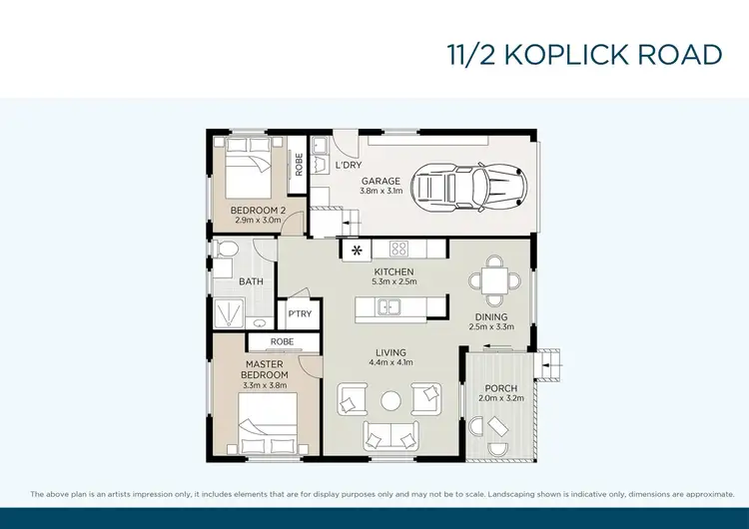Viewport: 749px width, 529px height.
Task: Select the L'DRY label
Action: tap(349, 164)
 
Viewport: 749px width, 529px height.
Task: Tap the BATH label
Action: tap(251, 281)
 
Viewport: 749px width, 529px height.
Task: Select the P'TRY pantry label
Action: tap(300, 314)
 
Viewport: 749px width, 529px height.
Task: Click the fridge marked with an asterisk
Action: tap(357, 249)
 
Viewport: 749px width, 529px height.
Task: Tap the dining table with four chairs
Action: tap(492, 279)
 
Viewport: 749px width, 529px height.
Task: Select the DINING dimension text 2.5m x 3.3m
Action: tap(492, 325)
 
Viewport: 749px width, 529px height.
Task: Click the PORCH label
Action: tap(500, 388)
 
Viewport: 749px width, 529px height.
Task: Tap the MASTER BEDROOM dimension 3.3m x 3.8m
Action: tap(265, 385)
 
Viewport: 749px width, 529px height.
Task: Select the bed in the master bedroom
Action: tap(268, 423)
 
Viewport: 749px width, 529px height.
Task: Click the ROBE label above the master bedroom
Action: tap(254, 341)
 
